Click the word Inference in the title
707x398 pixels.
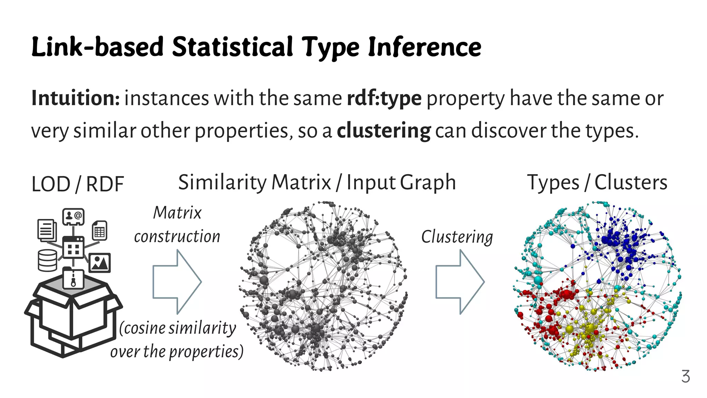[x=424, y=47]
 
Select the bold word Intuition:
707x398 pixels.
[x=76, y=98]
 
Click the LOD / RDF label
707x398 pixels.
[x=77, y=184]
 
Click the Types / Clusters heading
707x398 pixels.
[x=597, y=183]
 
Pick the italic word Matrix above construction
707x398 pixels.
[x=177, y=213]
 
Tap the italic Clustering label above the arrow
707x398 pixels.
[x=457, y=237]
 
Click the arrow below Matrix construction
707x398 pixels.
[x=177, y=282]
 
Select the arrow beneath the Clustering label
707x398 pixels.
[x=460, y=282]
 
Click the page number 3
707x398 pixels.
[x=686, y=376]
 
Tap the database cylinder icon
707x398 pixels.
[x=47, y=260]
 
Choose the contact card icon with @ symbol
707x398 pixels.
[x=74, y=217]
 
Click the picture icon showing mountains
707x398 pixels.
[x=100, y=263]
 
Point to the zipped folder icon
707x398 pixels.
[x=74, y=278]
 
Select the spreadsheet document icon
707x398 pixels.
[x=100, y=230]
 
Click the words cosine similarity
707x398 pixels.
[x=178, y=328]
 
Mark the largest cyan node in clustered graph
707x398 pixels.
[x=538, y=280]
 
